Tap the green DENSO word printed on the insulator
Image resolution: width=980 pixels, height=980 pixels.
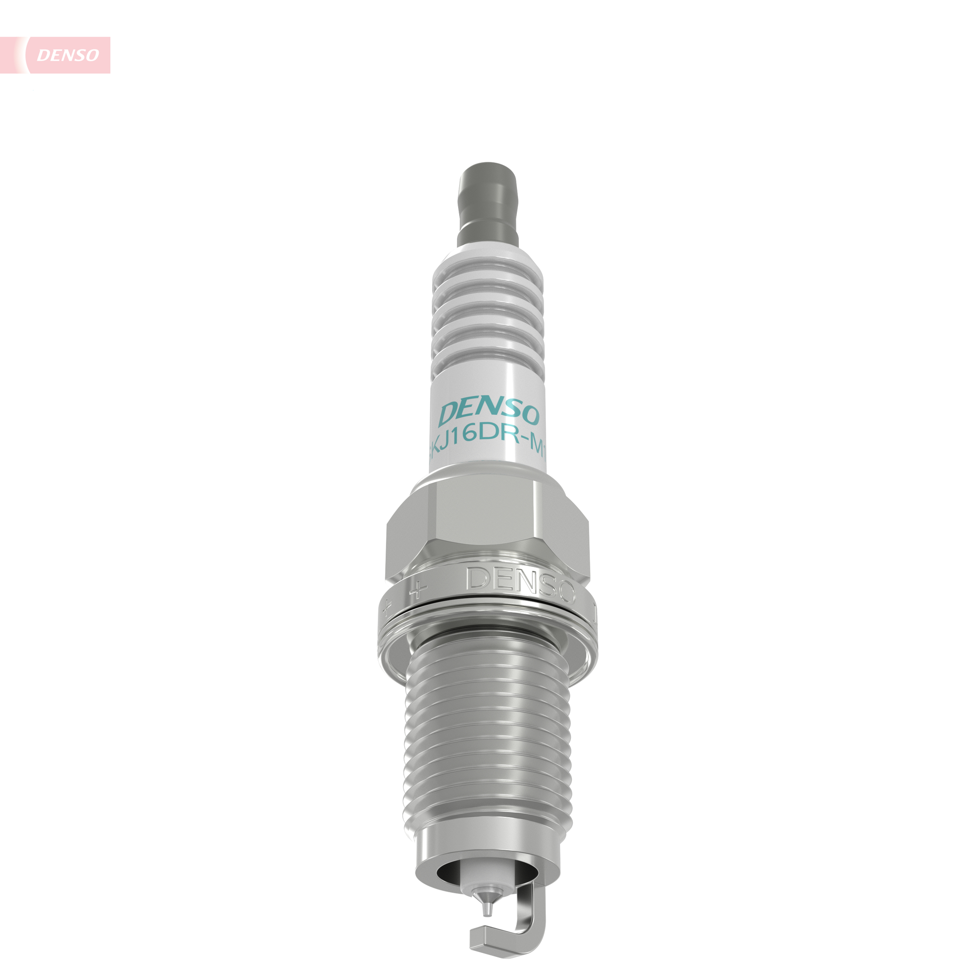point(489,414)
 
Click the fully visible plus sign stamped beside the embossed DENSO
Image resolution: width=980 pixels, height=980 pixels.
point(418,589)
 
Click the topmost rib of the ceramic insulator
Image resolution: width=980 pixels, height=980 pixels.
point(488,274)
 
